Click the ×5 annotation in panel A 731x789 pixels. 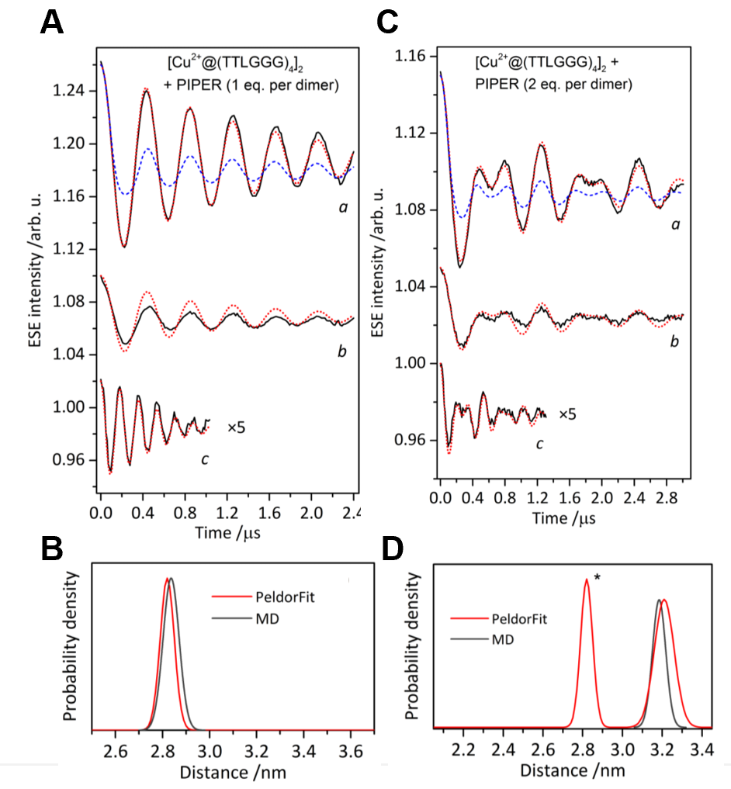[x=237, y=426]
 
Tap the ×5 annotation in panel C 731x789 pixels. [x=567, y=414]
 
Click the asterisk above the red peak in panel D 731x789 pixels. [x=598, y=577]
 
